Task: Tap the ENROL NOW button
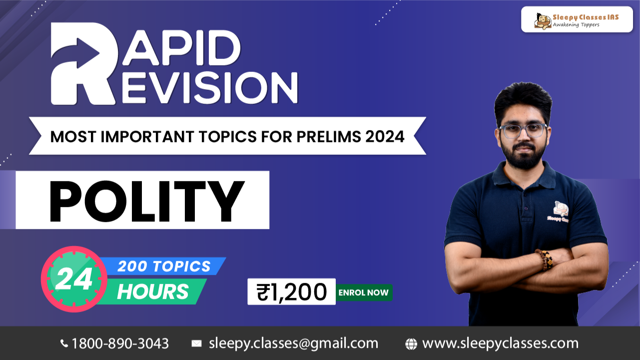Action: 363,293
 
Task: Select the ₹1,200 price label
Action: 292,292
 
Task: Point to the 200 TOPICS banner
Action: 164,266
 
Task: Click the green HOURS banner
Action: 152,292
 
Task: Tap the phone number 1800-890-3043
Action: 120,344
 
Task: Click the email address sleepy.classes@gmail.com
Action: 293,344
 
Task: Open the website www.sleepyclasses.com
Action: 500,344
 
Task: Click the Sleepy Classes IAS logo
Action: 577,20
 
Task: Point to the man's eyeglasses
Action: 523,131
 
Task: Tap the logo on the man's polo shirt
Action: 561,210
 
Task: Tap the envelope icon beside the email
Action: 197,344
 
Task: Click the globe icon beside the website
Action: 411,344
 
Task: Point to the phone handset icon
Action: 64,344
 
